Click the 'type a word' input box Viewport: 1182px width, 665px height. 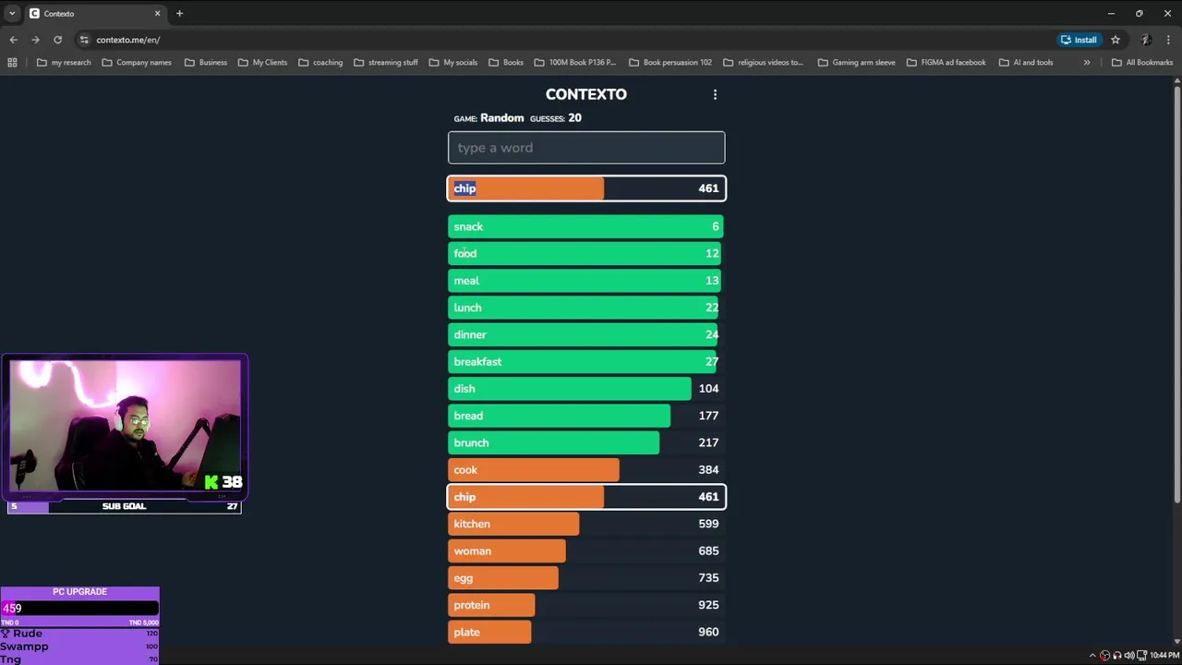[585, 148]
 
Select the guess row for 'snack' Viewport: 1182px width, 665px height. [585, 226]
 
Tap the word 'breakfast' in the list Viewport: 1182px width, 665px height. [477, 362]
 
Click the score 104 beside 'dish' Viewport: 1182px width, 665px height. [708, 389]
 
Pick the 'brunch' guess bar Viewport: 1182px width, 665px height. [585, 442]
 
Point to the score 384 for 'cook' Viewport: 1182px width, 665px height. [708, 470]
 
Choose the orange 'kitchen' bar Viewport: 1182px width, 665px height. [513, 524]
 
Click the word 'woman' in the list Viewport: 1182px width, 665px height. [472, 551]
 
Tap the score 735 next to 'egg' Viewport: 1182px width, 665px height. [708, 578]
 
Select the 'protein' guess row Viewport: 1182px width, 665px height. [585, 605]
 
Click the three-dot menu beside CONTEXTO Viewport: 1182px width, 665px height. [715, 94]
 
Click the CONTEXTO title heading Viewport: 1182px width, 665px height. [585, 94]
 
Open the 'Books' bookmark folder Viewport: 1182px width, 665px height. [506, 63]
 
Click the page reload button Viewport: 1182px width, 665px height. [57, 40]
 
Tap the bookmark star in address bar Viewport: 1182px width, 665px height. [1116, 40]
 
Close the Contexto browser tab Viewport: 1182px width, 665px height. [157, 14]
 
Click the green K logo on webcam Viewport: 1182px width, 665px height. [211, 482]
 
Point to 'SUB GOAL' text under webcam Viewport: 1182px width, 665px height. [124, 506]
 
